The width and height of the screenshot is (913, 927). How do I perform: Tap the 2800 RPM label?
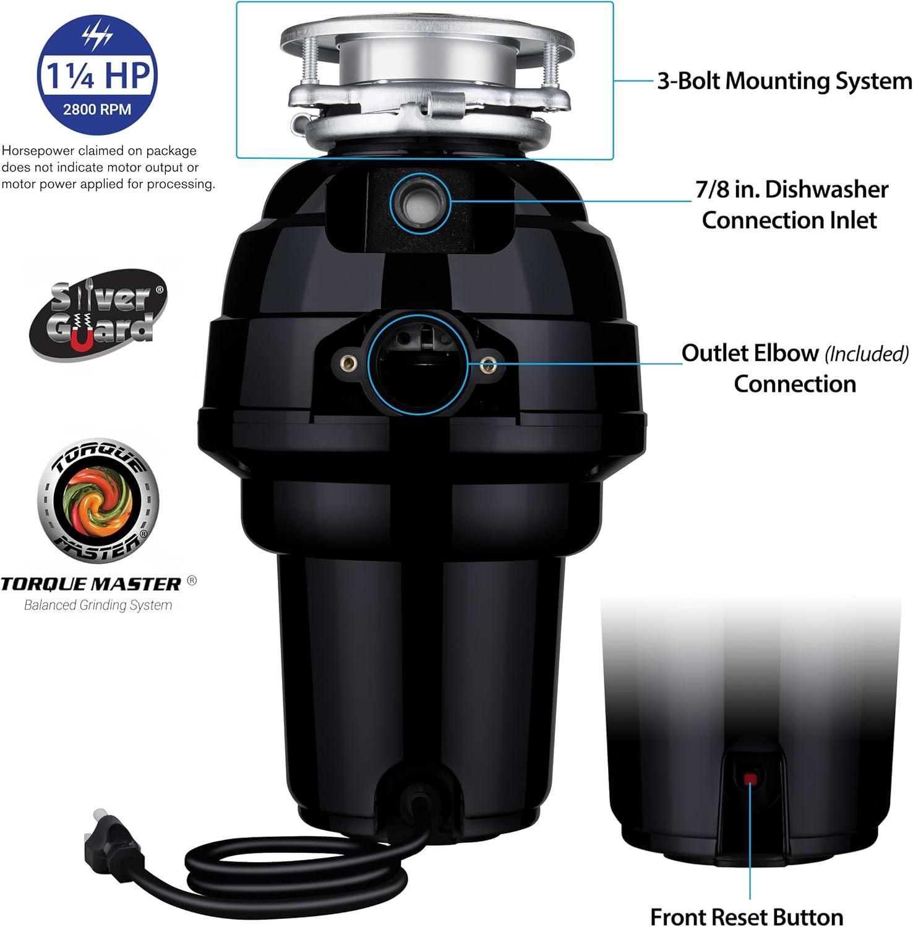pyautogui.click(x=97, y=109)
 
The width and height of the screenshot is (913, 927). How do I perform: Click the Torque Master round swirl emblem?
pyautogui.click(x=98, y=500)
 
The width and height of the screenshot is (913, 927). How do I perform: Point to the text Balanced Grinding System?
pyautogui.click(x=98, y=605)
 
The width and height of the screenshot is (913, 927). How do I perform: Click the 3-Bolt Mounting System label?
pyautogui.click(x=784, y=81)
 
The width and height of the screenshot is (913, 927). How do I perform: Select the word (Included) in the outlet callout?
pyautogui.click(x=866, y=354)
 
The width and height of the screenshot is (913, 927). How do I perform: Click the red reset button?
pyautogui.click(x=750, y=778)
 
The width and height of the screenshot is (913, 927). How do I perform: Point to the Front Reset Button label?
pyautogui.click(x=746, y=916)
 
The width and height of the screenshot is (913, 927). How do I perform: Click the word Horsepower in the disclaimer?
pyautogui.click(x=38, y=151)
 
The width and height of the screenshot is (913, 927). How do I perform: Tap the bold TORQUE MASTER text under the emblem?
pyautogui.click(x=91, y=584)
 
